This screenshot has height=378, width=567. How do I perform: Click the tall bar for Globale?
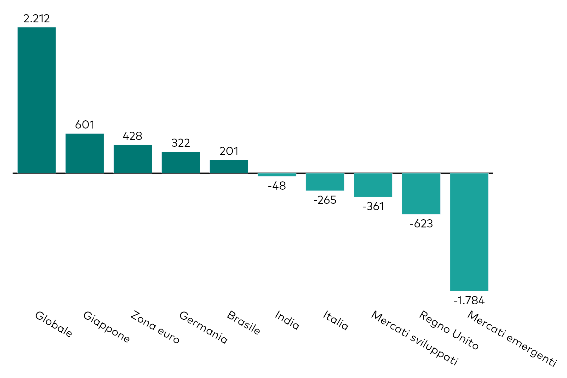click(37, 100)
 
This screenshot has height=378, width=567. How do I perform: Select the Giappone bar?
click(84, 153)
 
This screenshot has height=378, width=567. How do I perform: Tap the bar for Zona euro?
click(133, 159)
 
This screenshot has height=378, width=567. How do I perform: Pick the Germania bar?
click(180, 163)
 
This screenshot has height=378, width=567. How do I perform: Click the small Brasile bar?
click(229, 167)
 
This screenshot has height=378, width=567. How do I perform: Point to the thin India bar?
click(277, 175)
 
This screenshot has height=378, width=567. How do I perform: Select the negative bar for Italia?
click(325, 182)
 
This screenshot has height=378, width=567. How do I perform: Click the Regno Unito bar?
click(421, 193)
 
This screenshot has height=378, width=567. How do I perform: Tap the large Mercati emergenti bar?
click(469, 232)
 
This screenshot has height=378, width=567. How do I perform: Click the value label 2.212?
click(37, 19)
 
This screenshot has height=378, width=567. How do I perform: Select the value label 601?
click(84, 125)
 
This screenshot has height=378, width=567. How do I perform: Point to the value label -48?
click(277, 186)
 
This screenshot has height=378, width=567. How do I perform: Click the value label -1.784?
click(469, 301)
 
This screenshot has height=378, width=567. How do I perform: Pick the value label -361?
click(373, 206)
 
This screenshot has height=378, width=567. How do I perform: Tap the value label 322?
click(180, 143)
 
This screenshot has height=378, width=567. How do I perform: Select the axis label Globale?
click(54, 324)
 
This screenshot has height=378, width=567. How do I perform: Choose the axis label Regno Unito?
click(449, 330)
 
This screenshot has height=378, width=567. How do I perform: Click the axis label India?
click(287, 320)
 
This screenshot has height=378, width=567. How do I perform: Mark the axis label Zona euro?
click(155, 327)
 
